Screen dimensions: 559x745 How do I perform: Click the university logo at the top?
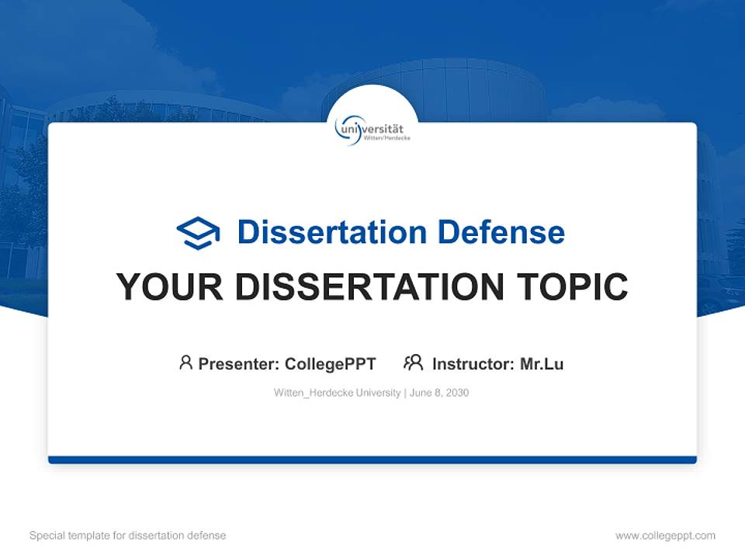point(372,129)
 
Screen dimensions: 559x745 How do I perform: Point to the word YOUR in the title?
point(170,287)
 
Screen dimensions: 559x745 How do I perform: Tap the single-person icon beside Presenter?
point(185,363)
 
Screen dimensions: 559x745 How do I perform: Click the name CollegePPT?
point(330,363)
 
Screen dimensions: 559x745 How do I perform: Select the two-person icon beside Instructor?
point(414,363)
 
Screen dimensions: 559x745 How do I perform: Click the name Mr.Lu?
point(542,363)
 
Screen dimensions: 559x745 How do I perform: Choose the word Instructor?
point(473,363)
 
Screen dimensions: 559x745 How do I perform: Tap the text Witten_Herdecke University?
point(337,393)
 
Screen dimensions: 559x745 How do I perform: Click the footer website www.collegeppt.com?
point(665,536)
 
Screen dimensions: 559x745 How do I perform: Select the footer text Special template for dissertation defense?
point(128,536)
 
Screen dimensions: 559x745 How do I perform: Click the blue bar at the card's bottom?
point(372,460)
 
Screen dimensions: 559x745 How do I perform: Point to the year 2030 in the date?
point(457,393)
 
